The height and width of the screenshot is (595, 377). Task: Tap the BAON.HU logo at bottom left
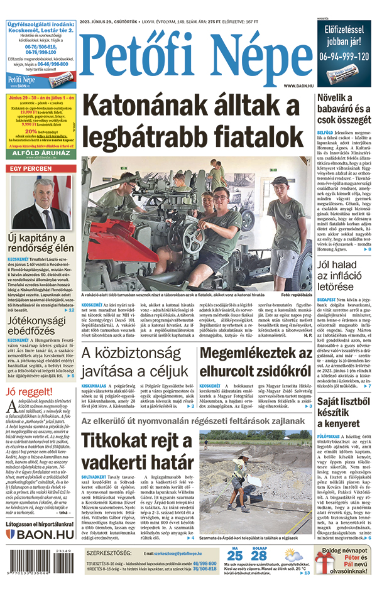[40, 534]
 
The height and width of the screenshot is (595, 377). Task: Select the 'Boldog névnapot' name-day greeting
[346, 551]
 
